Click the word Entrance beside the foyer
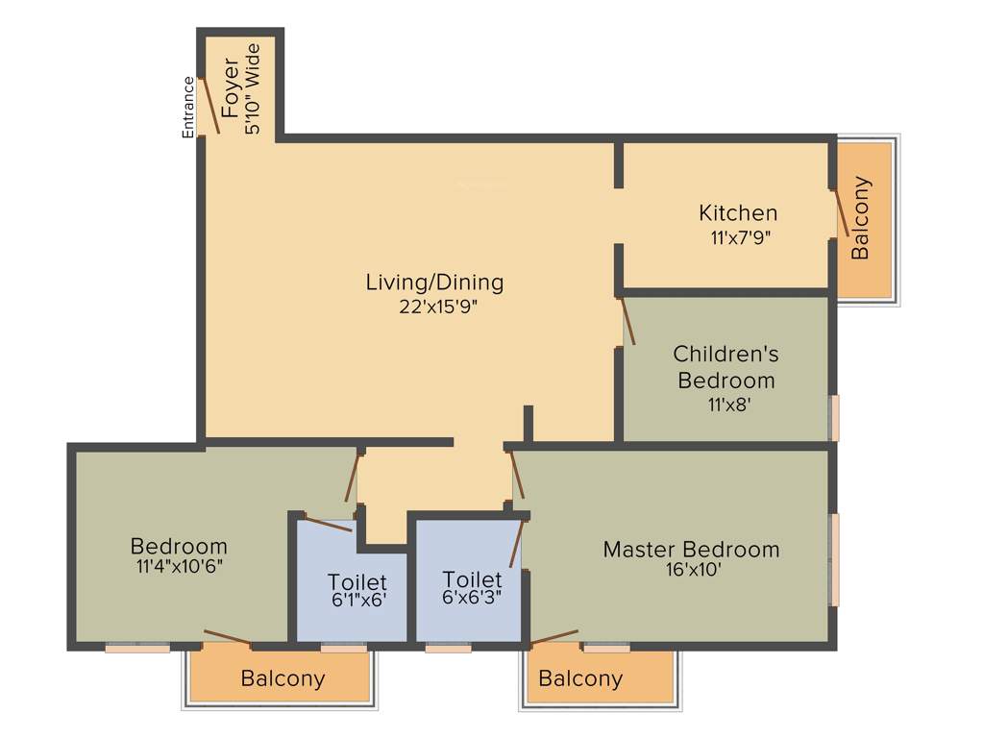188,107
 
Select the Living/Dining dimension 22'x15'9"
434,307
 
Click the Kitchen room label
738,212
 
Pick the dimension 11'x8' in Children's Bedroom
727,405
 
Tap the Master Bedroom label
691,550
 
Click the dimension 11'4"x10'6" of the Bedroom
180,566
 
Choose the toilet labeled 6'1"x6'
357,590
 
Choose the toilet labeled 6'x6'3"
472,587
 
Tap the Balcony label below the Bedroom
283,678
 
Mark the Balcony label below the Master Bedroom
580,678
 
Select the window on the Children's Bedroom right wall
834,417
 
